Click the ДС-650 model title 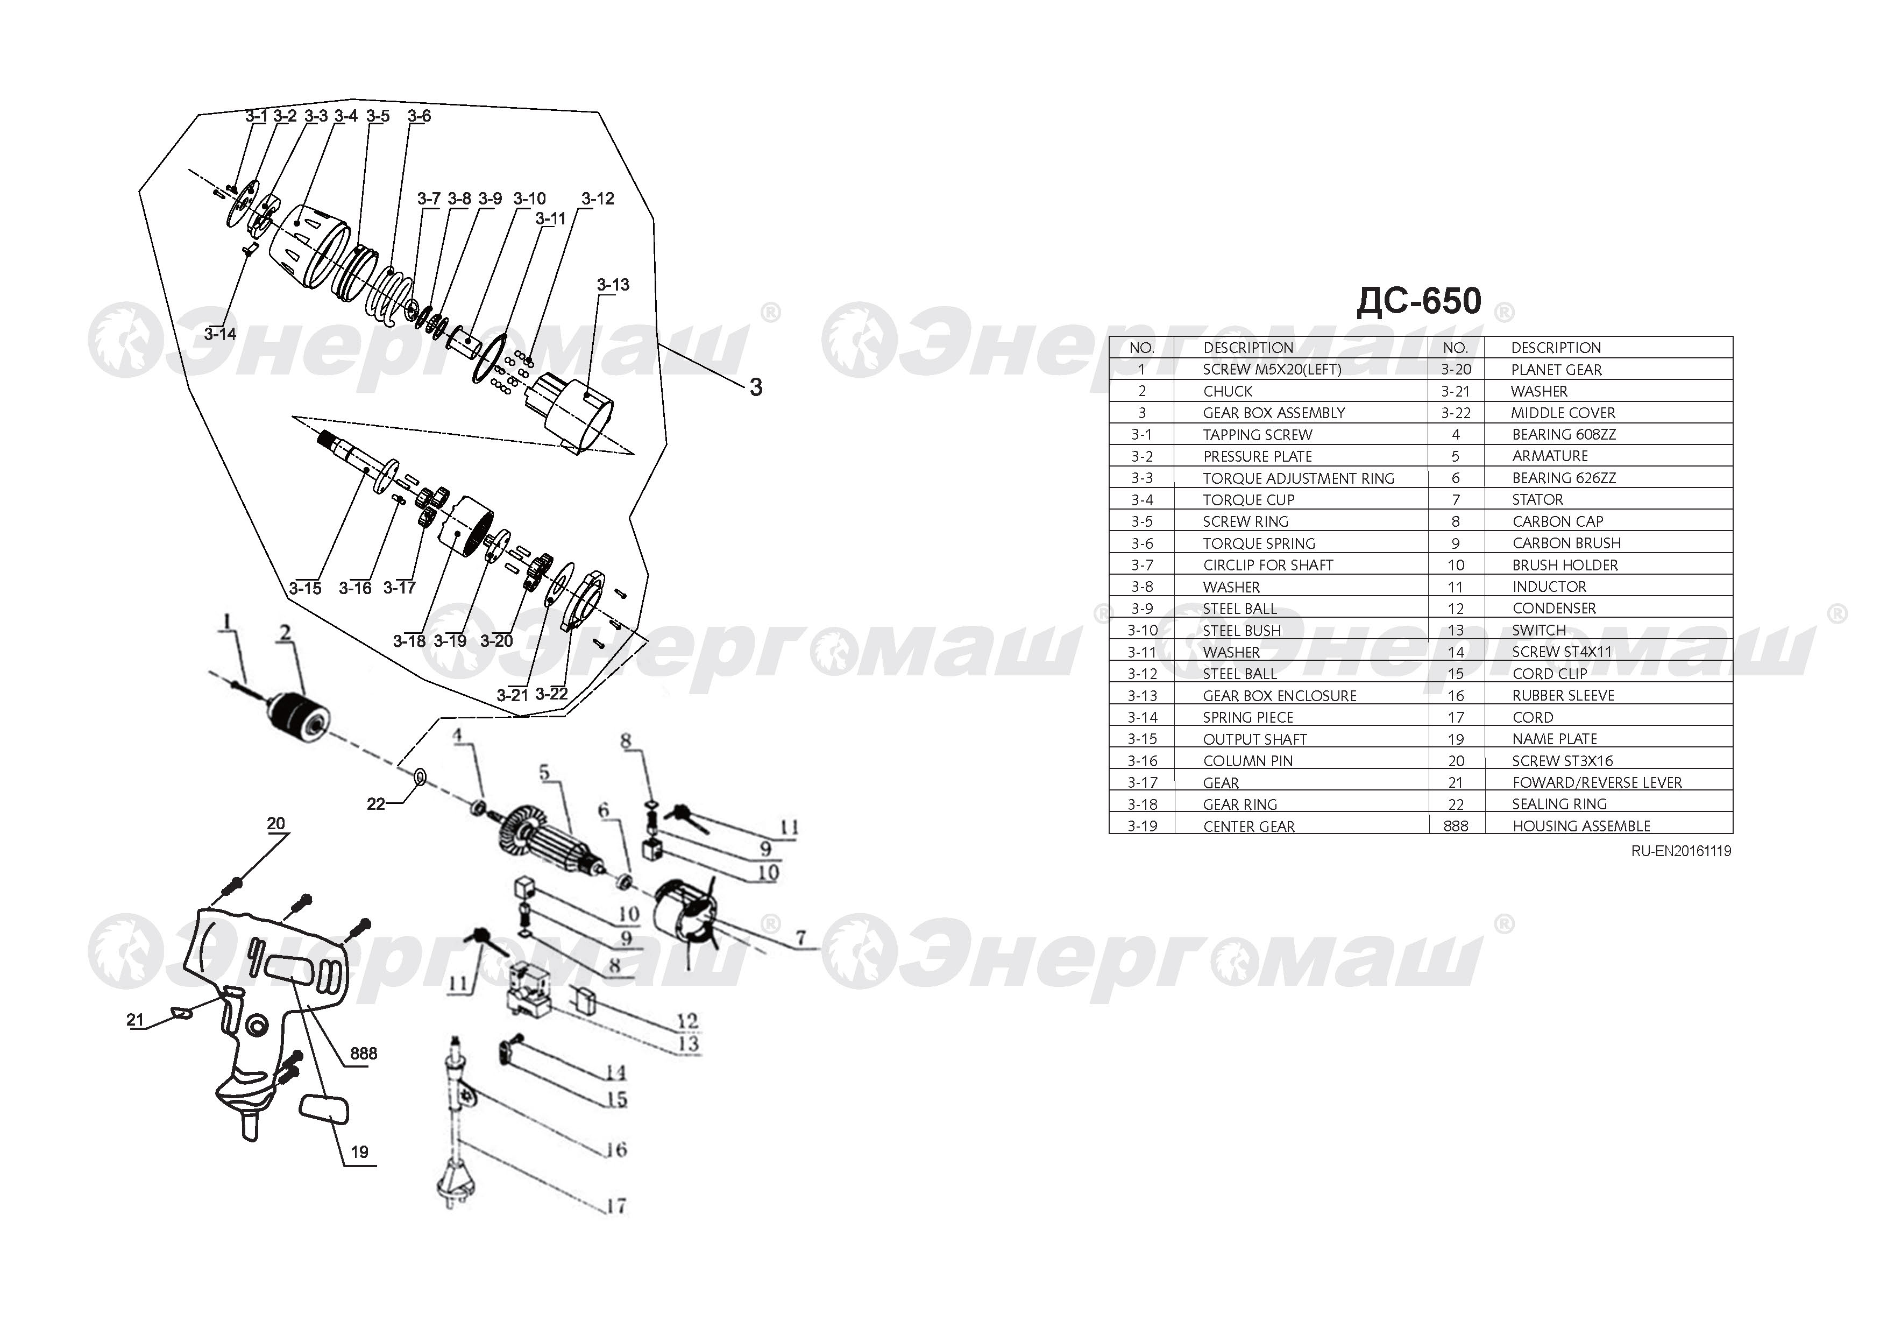(1418, 302)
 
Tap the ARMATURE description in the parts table (1550, 456)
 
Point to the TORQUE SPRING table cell (1259, 543)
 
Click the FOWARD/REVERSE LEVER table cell (1597, 782)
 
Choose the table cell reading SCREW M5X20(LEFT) (1272, 370)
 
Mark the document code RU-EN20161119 (1681, 852)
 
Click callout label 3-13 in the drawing (613, 285)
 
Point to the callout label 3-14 (220, 334)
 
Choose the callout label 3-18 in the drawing (409, 640)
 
